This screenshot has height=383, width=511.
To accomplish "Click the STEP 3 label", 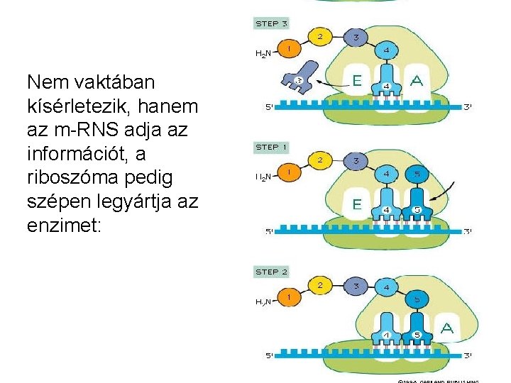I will point(271,23).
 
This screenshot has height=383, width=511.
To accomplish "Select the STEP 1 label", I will point(271,148).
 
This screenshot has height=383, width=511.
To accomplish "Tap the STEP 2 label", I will point(271,272).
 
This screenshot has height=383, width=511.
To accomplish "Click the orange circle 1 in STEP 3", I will point(289,48).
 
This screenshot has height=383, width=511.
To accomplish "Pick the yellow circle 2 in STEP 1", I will point(320,160).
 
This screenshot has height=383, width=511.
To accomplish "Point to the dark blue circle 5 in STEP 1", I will point(417,174).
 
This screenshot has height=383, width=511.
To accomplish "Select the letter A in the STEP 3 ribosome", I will point(417,81).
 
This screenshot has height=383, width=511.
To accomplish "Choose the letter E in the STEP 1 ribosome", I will point(357,204).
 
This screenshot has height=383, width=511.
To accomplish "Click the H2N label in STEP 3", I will point(263,53).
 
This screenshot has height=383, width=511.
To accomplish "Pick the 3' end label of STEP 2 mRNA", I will point(468,355).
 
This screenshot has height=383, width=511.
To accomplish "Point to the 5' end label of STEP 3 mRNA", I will point(269,108).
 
